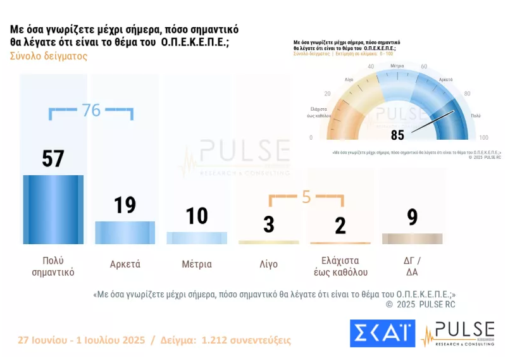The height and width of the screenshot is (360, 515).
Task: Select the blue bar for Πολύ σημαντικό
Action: point(53,209)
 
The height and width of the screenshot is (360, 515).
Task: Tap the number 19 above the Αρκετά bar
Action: point(125,205)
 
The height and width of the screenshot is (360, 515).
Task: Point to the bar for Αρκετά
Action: point(125,232)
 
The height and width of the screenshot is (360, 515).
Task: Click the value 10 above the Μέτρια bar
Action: point(197,216)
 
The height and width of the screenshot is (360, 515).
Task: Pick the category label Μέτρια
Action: point(197,264)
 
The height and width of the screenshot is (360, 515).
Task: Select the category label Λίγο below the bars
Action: point(268,264)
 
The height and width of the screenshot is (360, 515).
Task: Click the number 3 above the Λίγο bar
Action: point(268,224)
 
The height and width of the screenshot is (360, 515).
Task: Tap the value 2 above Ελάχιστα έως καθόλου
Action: point(340,225)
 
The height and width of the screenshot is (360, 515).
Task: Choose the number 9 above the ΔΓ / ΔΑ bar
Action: point(412,217)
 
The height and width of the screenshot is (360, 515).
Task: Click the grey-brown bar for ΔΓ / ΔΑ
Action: point(412,239)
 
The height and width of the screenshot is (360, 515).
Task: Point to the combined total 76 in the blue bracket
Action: point(91,110)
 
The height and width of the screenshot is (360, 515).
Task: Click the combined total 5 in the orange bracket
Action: point(306,197)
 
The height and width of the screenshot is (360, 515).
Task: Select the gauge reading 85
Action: point(397,135)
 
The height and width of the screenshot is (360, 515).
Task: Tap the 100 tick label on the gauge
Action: point(483,137)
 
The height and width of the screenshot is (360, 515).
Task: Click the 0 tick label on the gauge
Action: point(311,137)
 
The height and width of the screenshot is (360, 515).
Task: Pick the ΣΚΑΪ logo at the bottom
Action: point(382,333)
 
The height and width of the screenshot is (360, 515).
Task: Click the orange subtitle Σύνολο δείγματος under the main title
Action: point(49,56)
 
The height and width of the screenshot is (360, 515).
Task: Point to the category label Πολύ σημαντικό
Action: point(53,267)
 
